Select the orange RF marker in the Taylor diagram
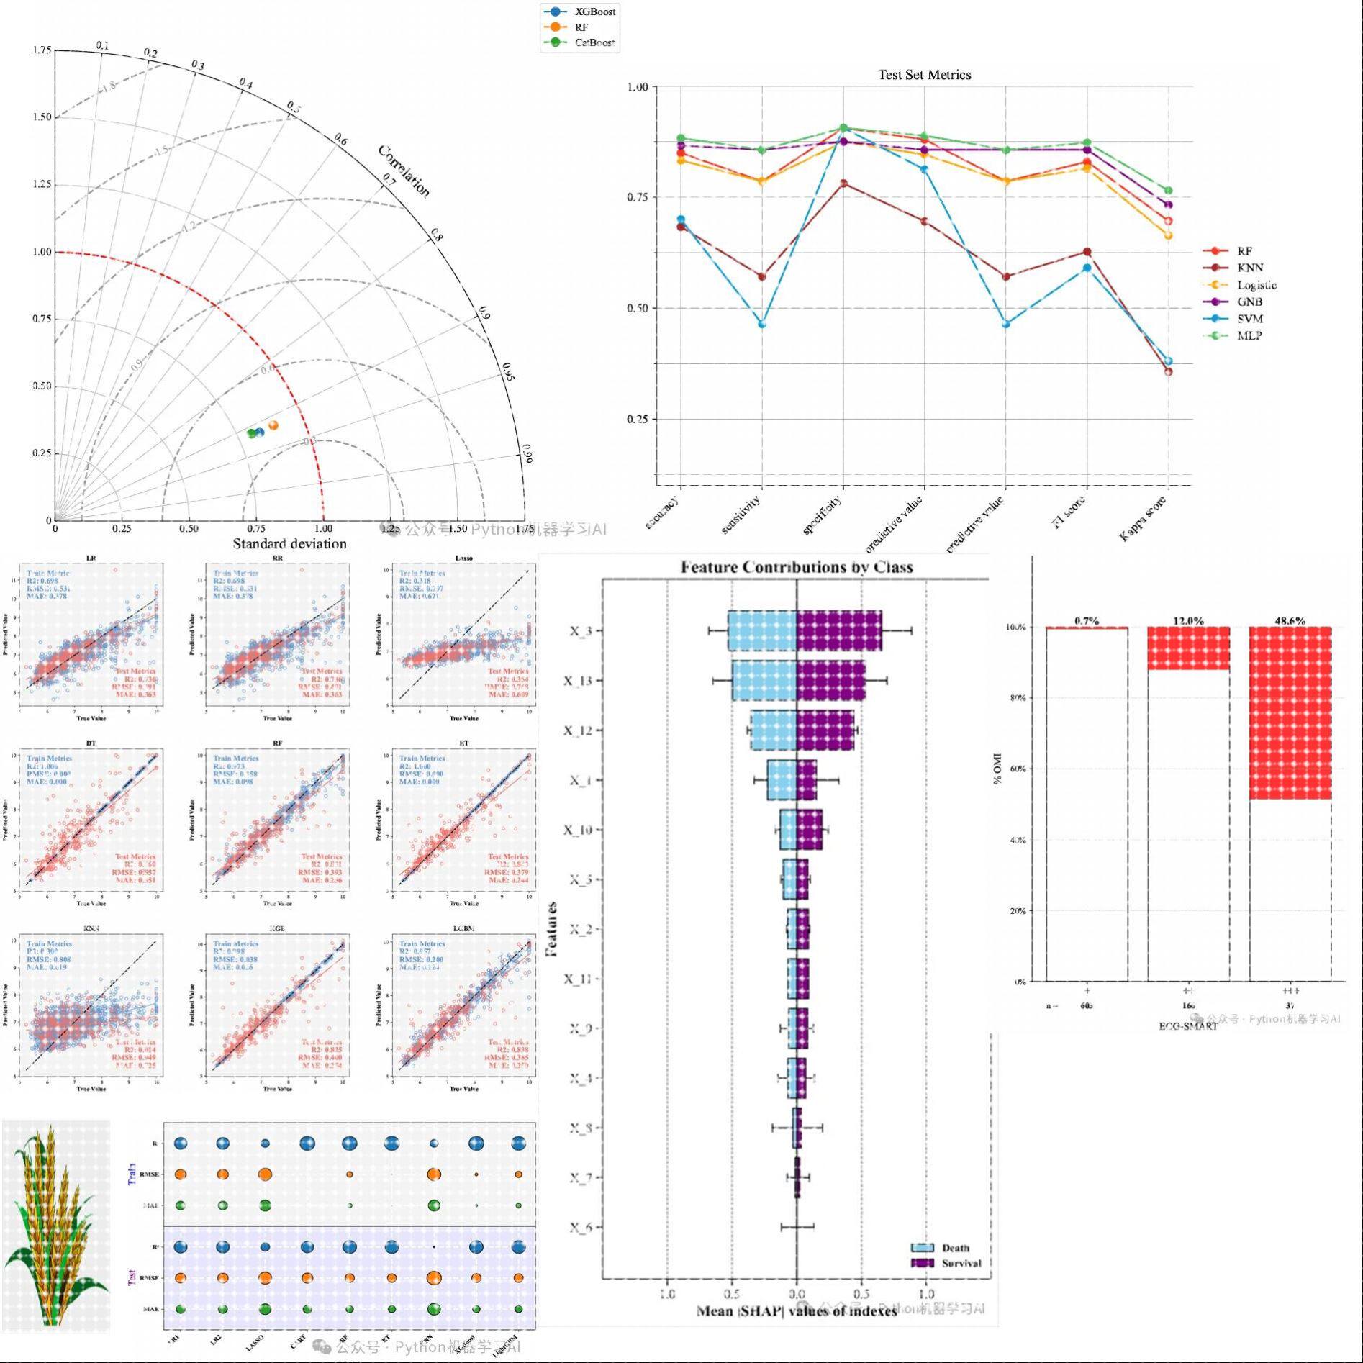[x=273, y=425]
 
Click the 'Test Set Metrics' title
[x=924, y=75]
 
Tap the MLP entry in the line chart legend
[x=1249, y=335]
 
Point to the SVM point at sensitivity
[x=762, y=325]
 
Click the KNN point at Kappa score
[x=1168, y=372]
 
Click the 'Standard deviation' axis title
[x=289, y=544]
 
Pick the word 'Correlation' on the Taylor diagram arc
[x=404, y=171]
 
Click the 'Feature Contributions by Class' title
[x=797, y=567]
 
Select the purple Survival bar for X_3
[x=839, y=631]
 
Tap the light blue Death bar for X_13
[x=764, y=680]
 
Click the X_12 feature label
[x=578, y=730]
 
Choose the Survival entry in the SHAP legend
[x=961, y=1263]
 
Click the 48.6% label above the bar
[x=1290, y=620]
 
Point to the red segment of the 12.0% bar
[x=1188, y=648]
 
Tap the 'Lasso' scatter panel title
[x=464, y=558]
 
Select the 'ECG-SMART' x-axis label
[x=1188, y=1026]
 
